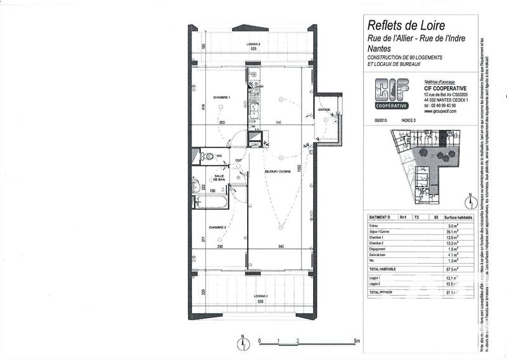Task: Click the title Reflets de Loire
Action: pos(406,26)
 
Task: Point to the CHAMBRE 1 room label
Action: pos(221,98)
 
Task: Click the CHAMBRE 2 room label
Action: pos(219,226)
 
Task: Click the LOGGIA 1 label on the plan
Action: pos(258,296)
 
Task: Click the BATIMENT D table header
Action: pos(380,217)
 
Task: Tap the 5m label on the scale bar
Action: pos(357,341)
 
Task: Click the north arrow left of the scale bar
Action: pos(243,342)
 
